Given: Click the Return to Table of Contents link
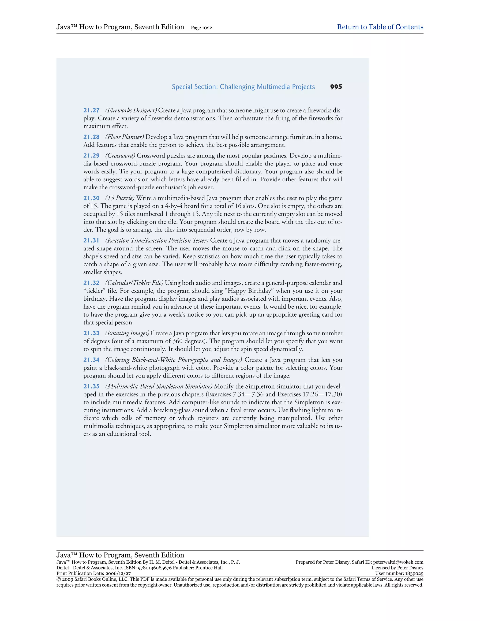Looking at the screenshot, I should point(380,27).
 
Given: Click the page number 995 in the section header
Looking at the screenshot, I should point(336,87).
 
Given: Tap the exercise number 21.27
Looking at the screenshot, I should point(91,110).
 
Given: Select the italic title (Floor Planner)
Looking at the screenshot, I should point(124,137).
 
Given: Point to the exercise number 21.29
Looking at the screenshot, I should point(91,156).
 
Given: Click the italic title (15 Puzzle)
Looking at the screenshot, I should point(120,198).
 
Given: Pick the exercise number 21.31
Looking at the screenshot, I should point(91,241).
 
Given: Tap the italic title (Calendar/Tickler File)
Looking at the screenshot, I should point(134,283).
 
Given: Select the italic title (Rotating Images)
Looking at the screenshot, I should point(127,333).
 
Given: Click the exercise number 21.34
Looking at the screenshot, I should point(91,360).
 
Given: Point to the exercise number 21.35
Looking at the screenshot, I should point(91,386).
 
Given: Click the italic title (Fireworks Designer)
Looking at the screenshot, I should point(131,110).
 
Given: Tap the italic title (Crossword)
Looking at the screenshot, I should point(120,156).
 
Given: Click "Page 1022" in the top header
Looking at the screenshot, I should point(201,28).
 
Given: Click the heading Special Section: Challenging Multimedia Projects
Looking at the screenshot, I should point(243,87).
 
